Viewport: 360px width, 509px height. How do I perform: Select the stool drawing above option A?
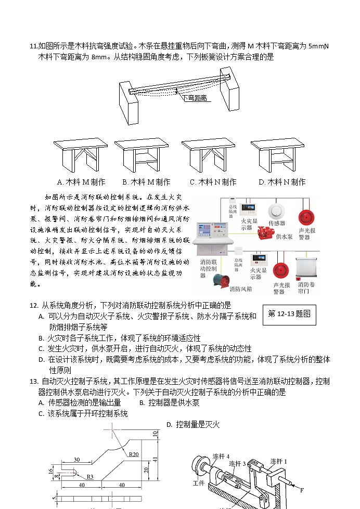(80, 156)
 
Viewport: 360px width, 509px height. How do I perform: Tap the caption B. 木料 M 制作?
(146, 182)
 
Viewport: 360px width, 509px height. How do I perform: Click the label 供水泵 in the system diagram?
(285, 237)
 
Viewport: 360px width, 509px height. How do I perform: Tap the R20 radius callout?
(133, 454)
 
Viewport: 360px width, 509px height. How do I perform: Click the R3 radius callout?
(90, 476)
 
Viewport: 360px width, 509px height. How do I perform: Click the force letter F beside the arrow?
(302, 489)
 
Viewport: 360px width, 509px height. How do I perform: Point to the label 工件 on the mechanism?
(199, 483)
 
